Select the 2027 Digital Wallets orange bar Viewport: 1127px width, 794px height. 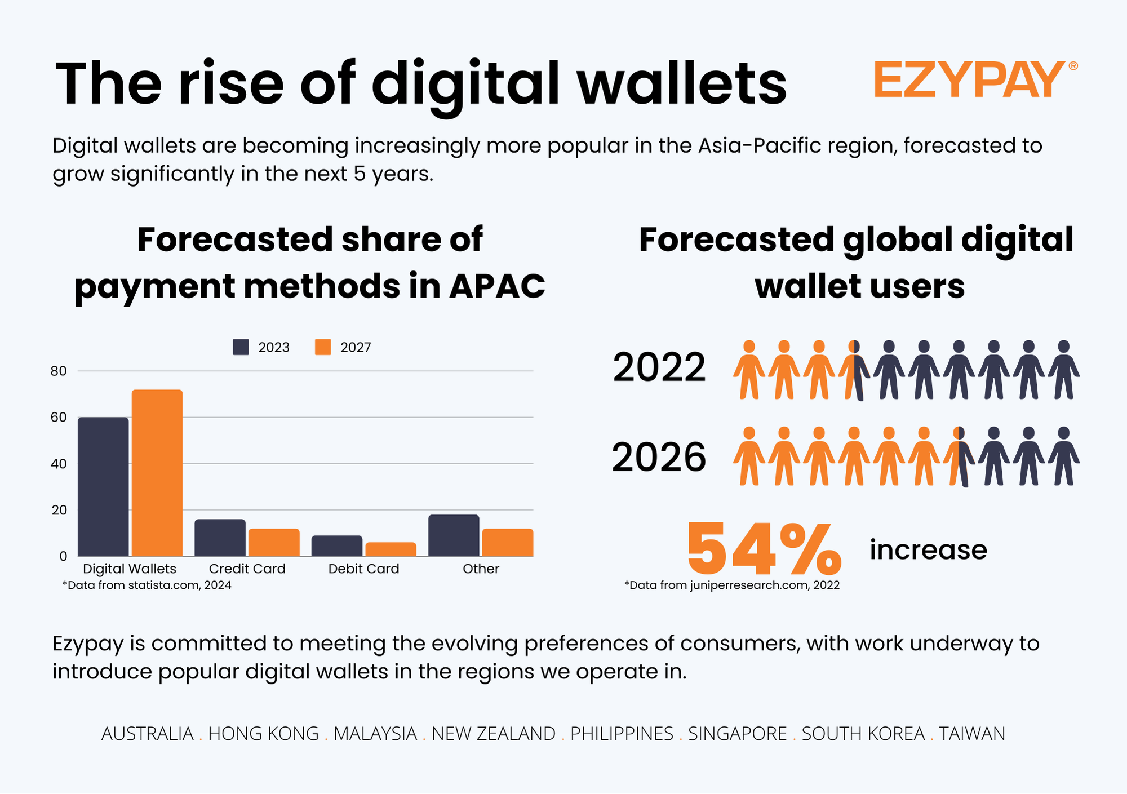tap(157, 473)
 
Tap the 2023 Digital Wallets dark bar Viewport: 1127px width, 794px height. tap(103, 487)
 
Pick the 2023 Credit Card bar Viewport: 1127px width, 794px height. tap(220, 538)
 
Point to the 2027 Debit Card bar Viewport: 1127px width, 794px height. tap(391, 549)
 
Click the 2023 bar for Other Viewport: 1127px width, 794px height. tap(454, 535)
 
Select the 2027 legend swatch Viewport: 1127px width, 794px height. tap(323, 347)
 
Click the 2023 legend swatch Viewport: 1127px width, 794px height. tap(241, 347)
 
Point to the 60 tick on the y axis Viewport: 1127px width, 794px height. tap(59, 418)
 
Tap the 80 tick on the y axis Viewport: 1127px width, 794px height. tap(59, 371)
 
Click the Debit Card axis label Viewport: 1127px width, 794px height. tap(363, 569)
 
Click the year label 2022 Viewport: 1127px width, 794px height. tap(659, 368)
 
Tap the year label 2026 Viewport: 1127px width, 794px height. tap(659, 457)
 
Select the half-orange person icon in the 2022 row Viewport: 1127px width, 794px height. tap(854, 370)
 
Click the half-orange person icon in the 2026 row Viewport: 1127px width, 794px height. tap(959, 457)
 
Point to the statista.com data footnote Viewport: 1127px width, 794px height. tap(147, 585)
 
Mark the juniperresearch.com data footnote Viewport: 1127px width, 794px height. tap(732, 585)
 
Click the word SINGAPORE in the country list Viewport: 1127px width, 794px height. tap(737, 734)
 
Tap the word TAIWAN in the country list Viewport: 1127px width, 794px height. tap(972, 734)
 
